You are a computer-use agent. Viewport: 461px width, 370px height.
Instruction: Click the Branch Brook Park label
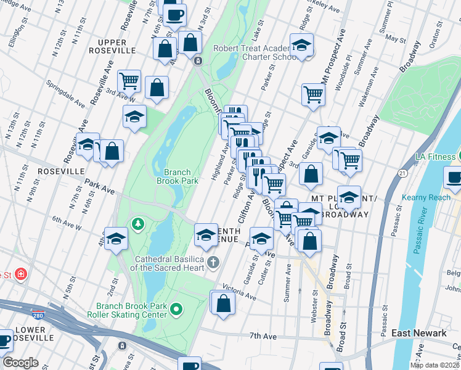(181, 177)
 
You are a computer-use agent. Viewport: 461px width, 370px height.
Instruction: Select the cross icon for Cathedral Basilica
(213, 263)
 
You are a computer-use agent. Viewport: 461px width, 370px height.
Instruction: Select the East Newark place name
(419, 334)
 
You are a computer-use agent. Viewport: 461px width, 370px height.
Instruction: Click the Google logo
(20, 363)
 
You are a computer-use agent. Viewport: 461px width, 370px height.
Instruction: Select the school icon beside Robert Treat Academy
(302, 45)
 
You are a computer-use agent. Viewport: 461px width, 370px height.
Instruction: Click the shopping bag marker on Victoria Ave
(223, 303)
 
